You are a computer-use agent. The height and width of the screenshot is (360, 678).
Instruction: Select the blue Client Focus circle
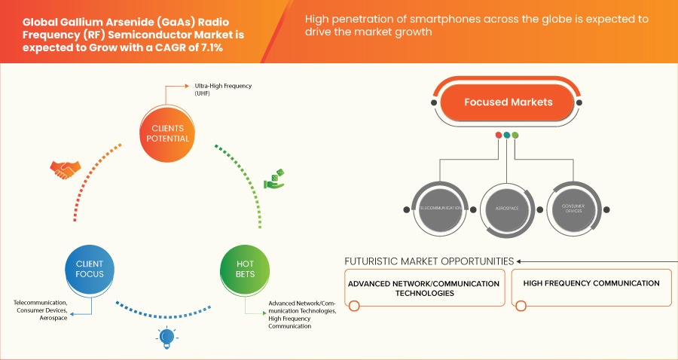(90, 270)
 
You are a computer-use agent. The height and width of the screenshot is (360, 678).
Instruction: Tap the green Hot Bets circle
(245, 270)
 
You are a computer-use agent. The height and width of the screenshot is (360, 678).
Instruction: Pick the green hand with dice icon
(274, 178)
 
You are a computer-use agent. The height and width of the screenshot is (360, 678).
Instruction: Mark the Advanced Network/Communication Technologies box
(424, 288)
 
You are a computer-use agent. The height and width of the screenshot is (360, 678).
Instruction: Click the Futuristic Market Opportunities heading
(429, 261)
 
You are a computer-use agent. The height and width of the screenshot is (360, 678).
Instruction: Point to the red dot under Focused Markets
(498, 136)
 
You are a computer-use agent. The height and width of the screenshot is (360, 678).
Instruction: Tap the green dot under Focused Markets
(515, 136)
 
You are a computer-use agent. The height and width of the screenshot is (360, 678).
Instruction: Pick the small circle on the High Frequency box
(521, 305)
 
